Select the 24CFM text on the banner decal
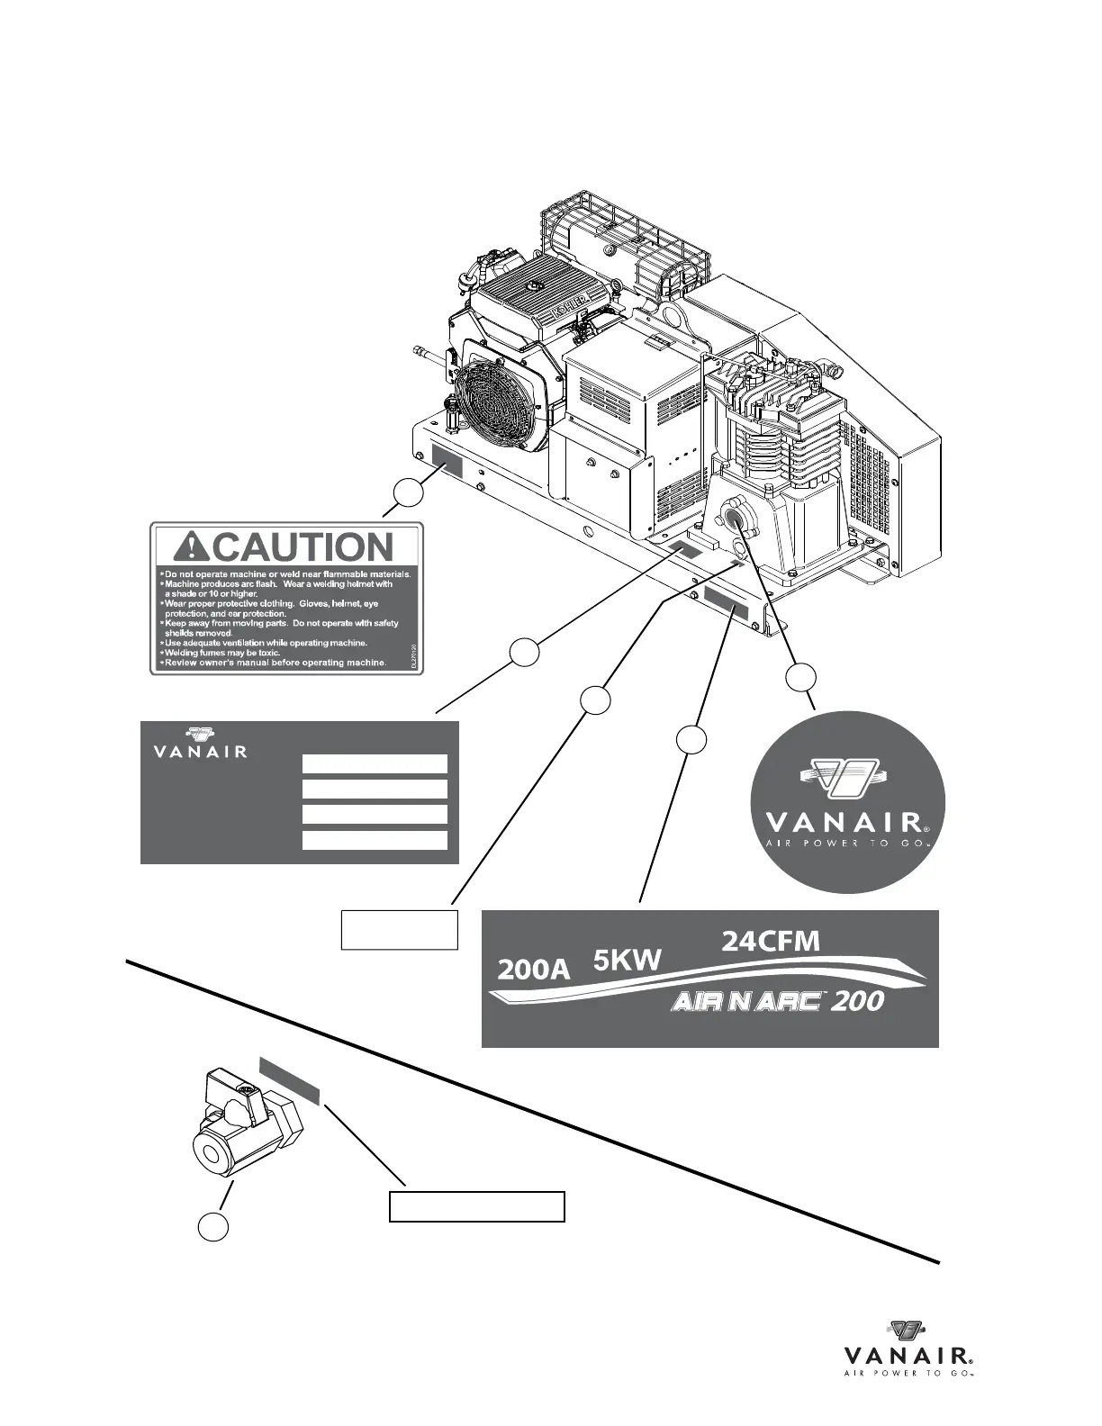point(771,942)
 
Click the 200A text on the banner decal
point(534,970)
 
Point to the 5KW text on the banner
point(628,961)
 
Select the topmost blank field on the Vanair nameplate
point(375,764)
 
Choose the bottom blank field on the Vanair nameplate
point(375,840)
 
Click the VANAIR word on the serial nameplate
point(194,751)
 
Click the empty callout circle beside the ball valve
point(213,1225)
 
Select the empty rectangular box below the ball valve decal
point(476,1206)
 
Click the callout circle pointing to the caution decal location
point(408,493)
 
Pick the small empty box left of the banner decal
point(400,929)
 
